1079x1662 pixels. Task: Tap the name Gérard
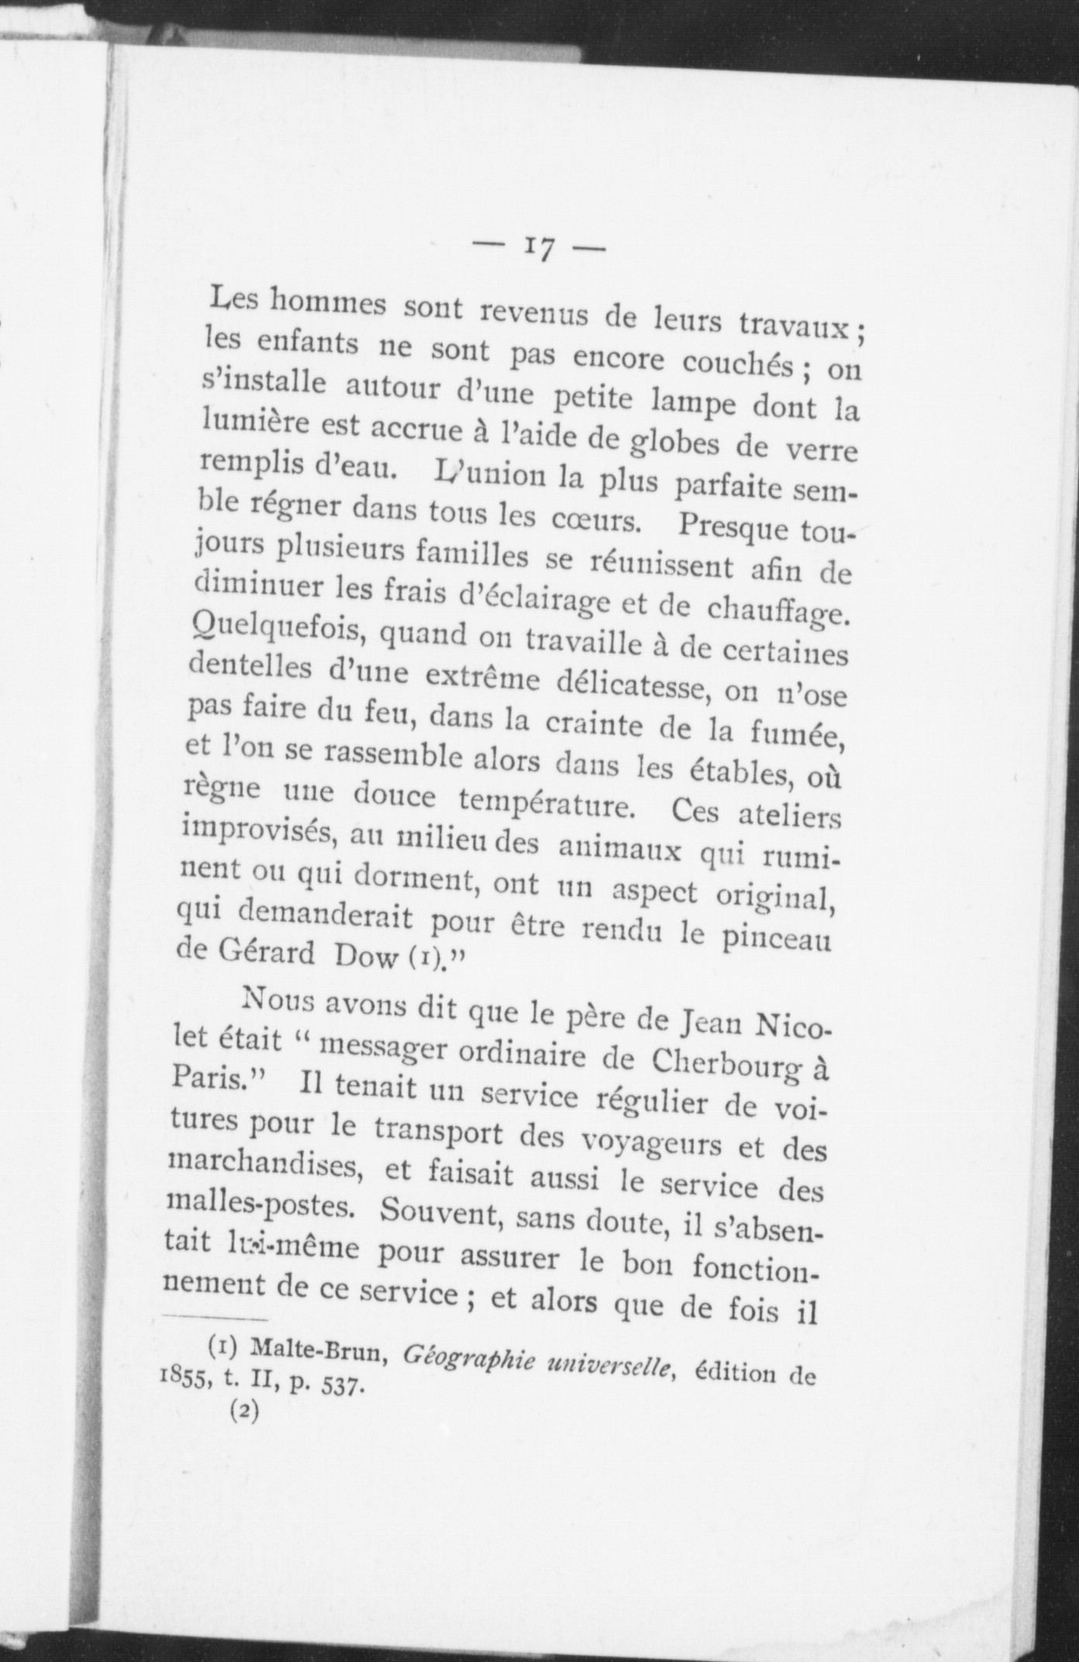point(246,953)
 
